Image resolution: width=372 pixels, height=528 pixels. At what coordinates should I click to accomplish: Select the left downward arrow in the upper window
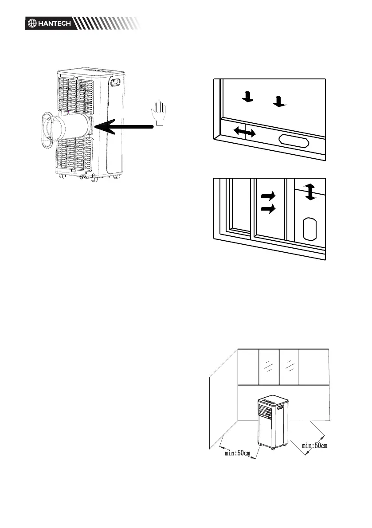[x=248, y=96]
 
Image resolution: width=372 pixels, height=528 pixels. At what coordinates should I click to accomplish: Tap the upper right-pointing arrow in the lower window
[x=268, y=195]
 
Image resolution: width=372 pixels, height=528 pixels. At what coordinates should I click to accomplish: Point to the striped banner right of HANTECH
[x=108, y=23]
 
